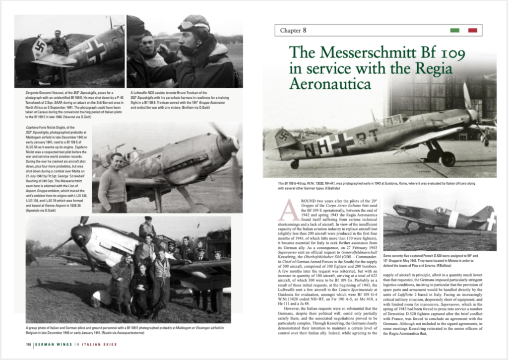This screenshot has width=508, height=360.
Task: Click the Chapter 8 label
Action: point(293,30)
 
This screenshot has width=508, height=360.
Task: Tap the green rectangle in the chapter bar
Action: point(454,30)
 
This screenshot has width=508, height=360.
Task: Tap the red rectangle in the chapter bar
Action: point(472,30)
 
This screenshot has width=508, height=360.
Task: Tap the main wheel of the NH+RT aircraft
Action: point(447,159)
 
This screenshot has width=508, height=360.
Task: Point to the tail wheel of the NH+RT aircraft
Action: point(295,164)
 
